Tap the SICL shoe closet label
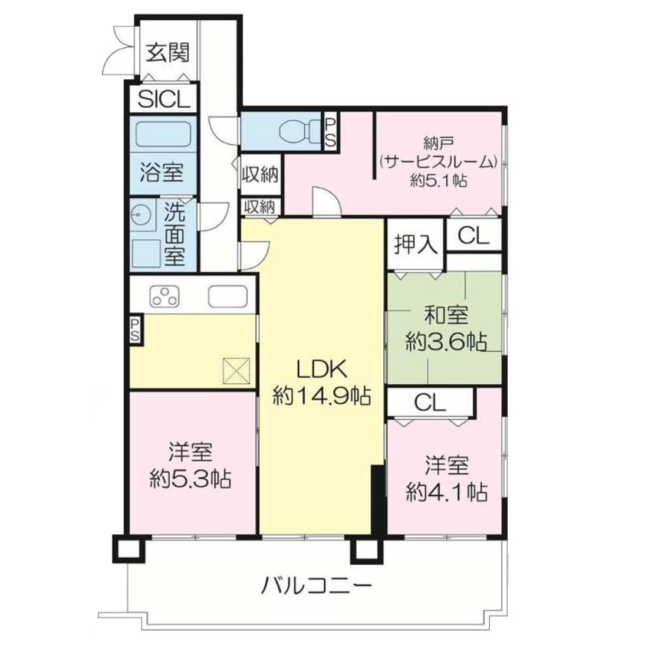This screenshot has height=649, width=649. tap(164, 99)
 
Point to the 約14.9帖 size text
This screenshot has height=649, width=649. tap(321, 397)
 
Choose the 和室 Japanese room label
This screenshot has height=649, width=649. tap(446, 316)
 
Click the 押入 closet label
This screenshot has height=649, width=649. tap(416, 244)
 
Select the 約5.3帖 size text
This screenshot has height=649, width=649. tap(190, 479)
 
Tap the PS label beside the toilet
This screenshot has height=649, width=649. tap(330, 132)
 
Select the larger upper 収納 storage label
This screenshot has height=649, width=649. tap(260, 175)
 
